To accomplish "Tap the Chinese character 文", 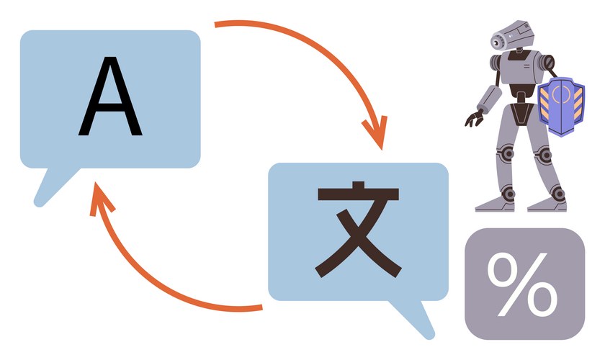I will coord(357,230).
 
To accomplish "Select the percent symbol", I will coord(524,283).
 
